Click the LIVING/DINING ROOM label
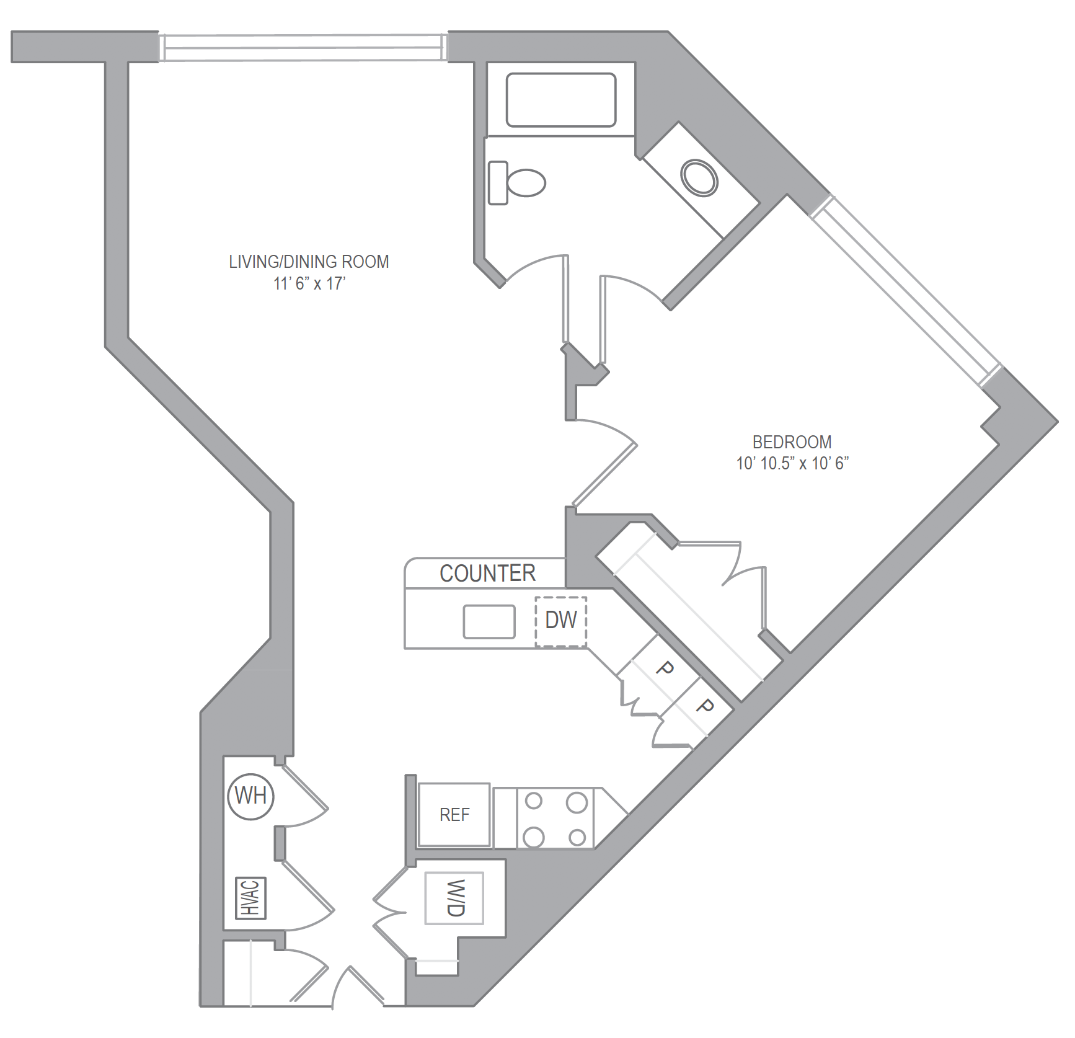click(x=309, y=262)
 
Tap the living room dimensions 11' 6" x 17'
click(x=309, y=283)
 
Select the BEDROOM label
click(x=792, y=442)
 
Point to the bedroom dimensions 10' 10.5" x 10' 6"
click(x=792, y=463)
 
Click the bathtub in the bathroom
click(x=560, y=100)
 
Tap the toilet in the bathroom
click(x=516, y=183)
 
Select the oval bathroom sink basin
click(x=699, y=178)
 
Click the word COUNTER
click(x=487, y=573)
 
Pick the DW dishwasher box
click(x=561, y=621)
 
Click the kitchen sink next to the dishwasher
click(x=489, y=621)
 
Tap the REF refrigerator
click(x=454, y=815)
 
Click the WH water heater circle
click(x=250, y=796)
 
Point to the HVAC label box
click(x=251, y=898)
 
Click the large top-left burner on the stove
click(x=533, y=801)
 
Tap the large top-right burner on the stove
click(x=577, y=802)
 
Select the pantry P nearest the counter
click(x=664, y=668)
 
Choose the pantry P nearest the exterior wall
click(x=704, y=706)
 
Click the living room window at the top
click(x=303, y=47)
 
